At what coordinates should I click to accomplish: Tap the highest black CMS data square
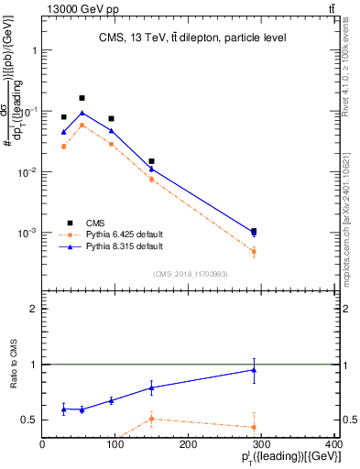82,98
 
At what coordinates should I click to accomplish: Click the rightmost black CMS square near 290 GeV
254,232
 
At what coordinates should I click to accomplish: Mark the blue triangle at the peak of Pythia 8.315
82,113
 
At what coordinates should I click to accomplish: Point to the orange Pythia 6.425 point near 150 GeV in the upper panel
151,180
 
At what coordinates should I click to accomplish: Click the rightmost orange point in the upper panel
254,251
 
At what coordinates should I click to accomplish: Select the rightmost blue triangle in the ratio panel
254,370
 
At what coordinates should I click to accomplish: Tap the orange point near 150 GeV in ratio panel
151,419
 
